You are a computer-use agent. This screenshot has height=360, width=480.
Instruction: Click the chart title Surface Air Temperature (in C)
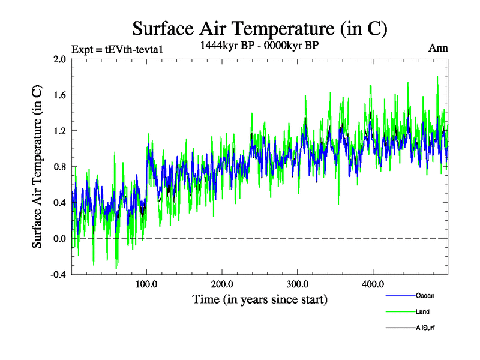[x=260, y=28]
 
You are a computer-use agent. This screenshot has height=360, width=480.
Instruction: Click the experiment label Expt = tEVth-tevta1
[x=117, y=49]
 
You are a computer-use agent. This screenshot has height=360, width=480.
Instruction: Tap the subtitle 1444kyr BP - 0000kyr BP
[x=260, y=44]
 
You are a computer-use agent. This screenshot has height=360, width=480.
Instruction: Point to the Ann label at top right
[x=438, y=48]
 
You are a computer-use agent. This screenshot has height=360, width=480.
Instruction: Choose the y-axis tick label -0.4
[x=58, y=275]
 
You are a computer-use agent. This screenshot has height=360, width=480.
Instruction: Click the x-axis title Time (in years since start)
[x=260, y=299]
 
